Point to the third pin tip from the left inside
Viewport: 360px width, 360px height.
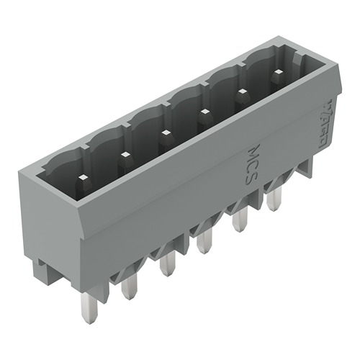tap(165, 132)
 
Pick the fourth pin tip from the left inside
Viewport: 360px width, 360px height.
tap(204, 112)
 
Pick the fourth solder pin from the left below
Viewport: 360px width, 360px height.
tap(206, 242)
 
